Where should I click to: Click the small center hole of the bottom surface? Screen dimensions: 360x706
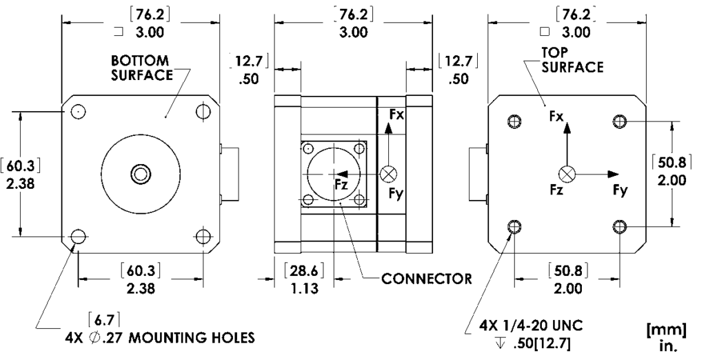pos(141,172)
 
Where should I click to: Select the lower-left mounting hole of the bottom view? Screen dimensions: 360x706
pos(78,237)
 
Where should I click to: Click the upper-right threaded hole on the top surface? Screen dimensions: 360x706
pos(620,121)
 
